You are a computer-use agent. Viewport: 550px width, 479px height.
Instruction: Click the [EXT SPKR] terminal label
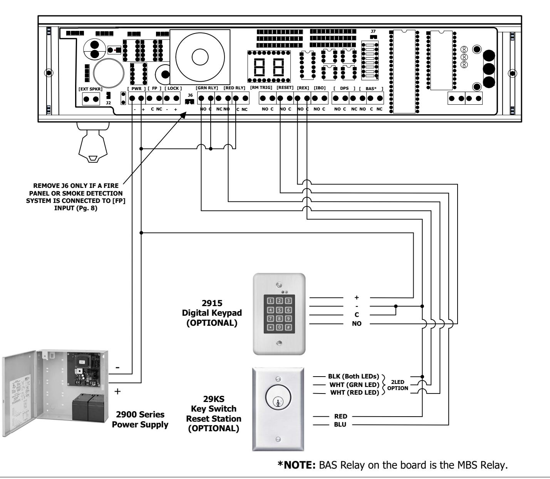(91, 89)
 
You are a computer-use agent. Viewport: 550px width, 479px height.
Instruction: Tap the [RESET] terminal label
(285, 87)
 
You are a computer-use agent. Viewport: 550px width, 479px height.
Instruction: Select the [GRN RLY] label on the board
(207, 88)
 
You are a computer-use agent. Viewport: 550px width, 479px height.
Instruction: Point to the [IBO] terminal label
(320, 88)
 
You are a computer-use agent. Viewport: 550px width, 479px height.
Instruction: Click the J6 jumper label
(190, 95)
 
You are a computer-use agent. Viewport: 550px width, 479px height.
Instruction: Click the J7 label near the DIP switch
(373, 32)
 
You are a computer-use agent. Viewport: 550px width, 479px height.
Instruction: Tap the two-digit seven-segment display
(269, 67)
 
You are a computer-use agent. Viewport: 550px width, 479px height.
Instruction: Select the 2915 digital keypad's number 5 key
(279, 310)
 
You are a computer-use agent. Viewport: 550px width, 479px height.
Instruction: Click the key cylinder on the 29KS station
(278, 397)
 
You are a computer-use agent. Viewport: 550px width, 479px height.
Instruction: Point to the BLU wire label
(340, 424)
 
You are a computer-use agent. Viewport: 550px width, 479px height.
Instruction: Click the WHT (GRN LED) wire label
(354, 385)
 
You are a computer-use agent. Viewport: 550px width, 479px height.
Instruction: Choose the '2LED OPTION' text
(397, 385)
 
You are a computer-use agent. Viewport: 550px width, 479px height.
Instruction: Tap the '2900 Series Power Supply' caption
(140, 419)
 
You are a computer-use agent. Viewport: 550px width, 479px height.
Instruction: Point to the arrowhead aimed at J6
(183, 115)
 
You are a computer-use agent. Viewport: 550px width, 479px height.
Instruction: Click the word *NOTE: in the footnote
(297, 465)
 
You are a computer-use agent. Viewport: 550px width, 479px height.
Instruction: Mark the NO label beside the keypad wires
(356, 324)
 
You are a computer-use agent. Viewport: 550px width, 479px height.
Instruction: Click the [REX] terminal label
(303, 88)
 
